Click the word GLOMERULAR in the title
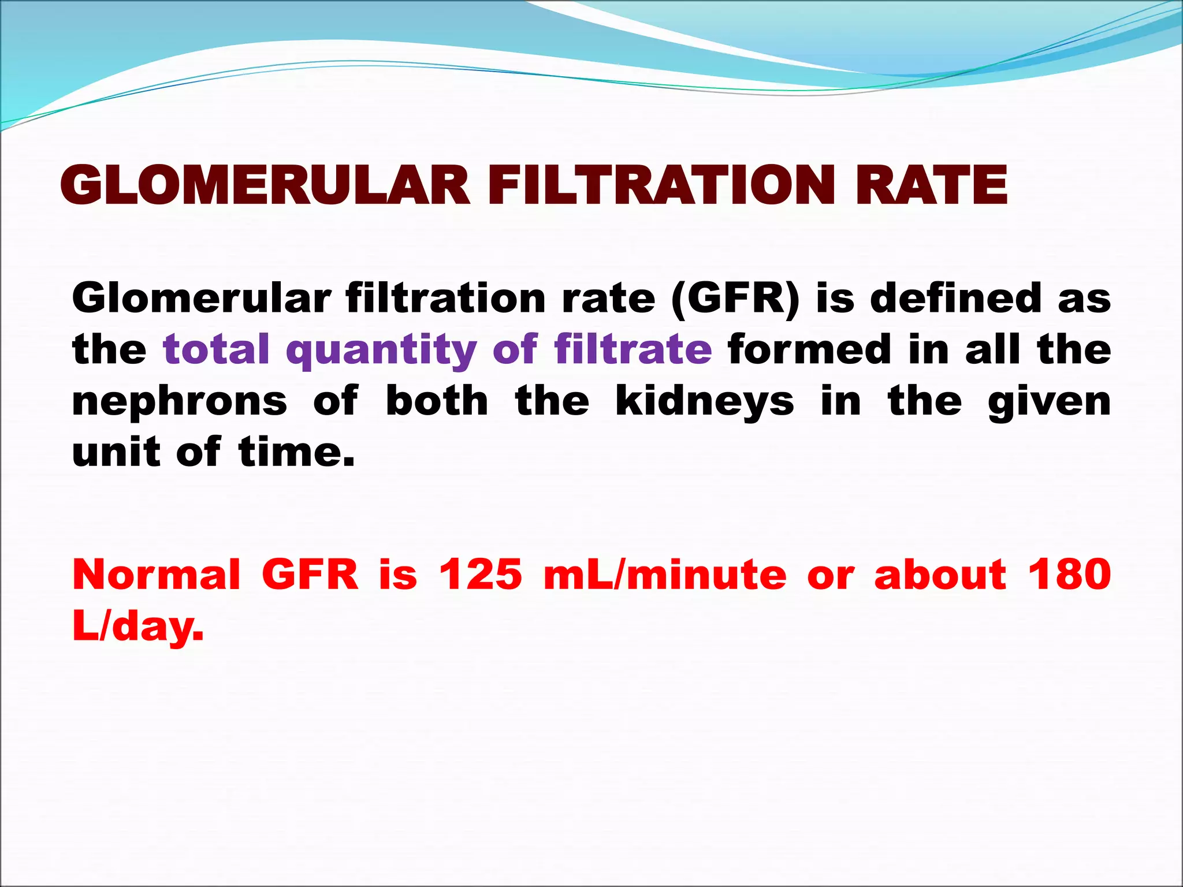click(x=265, y=185)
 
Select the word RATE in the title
click(x=932, y=185)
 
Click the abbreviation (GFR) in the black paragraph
click(x=736, y=299)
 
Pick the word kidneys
click(x=705, y=401)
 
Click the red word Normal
click(x=156, y=575)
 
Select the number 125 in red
click(x=481, y=575)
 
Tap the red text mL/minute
click(x=665, y=575)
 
